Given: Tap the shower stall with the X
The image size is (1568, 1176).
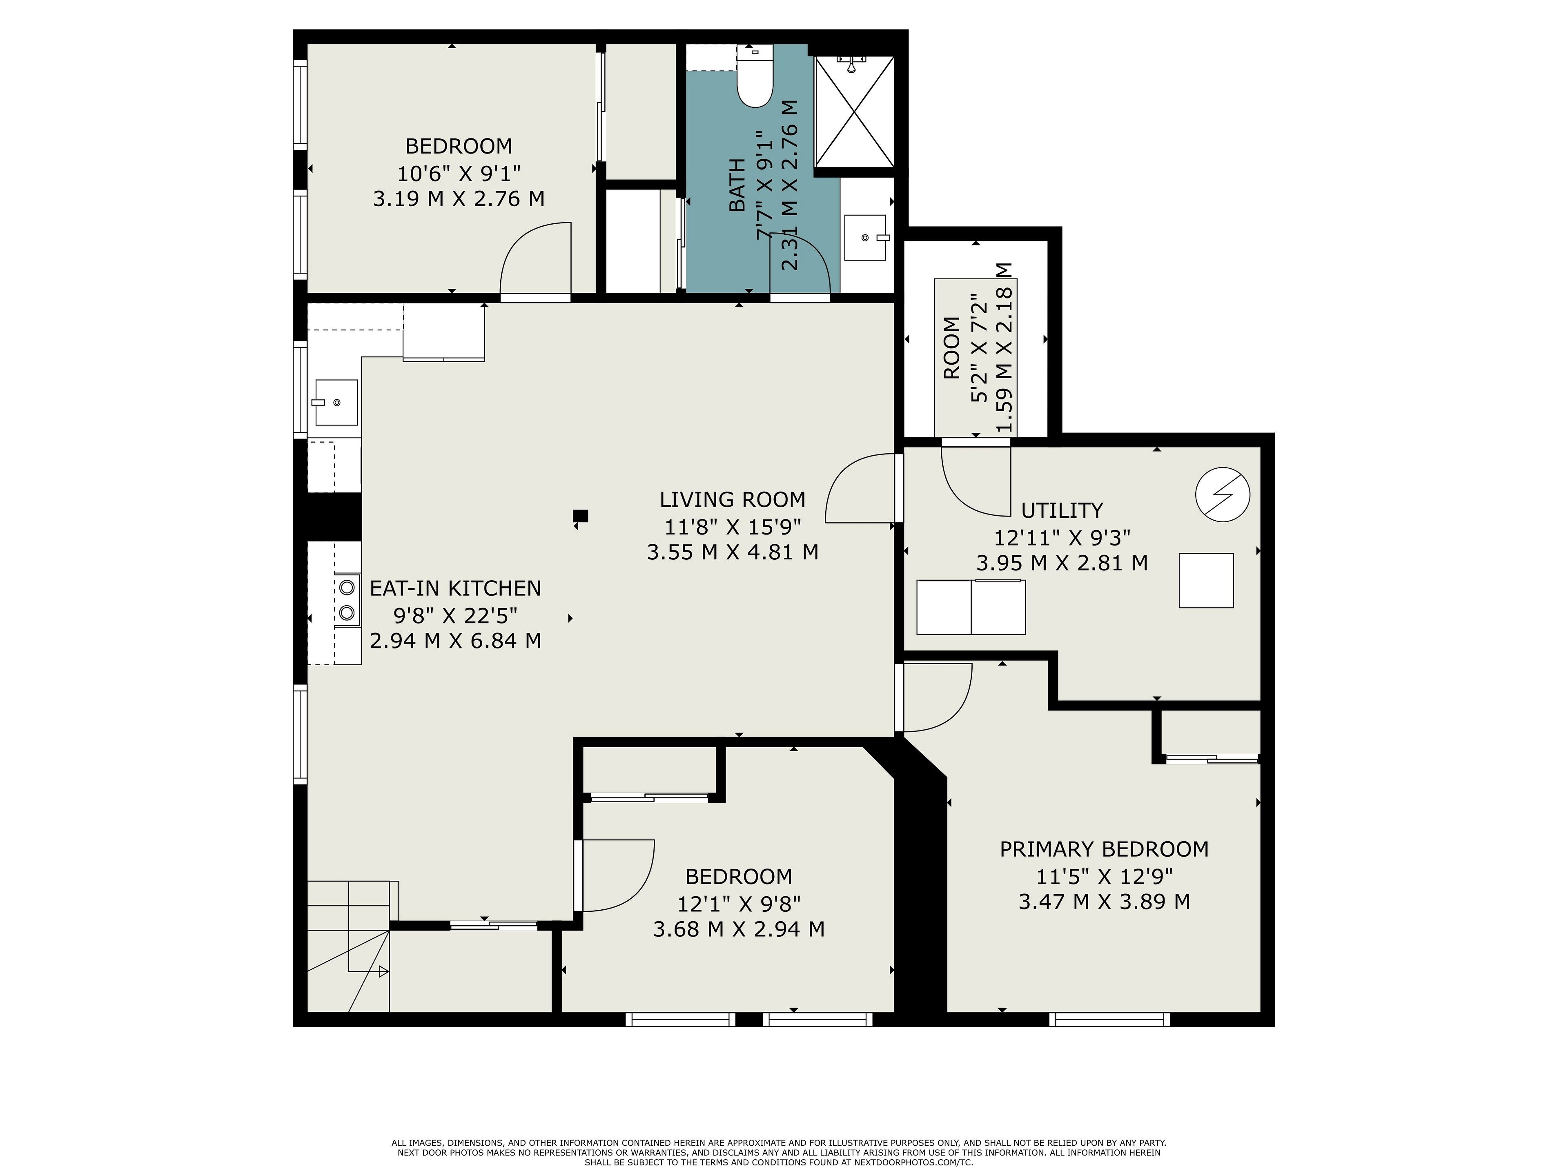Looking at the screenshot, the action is [854, 112].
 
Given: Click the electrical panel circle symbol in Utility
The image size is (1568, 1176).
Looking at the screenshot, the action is [1222, 494].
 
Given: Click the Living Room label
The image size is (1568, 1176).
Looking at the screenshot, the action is [732, 500].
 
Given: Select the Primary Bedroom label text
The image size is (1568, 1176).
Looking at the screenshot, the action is [1104, 849].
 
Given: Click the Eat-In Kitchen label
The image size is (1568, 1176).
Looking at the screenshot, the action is [455, 588].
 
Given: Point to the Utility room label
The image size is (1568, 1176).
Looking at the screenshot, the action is [1062, 510].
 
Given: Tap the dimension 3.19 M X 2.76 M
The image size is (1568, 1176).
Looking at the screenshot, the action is [459, 198].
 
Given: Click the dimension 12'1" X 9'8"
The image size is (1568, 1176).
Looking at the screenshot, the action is [739, 904].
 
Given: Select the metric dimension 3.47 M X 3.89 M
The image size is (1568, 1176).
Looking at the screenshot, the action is [1104, 902].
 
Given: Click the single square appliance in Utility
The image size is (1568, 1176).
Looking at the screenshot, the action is [1206, 581].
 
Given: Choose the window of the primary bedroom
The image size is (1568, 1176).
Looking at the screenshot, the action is [1109, 1019].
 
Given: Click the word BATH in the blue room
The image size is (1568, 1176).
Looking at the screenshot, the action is [737, 186].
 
